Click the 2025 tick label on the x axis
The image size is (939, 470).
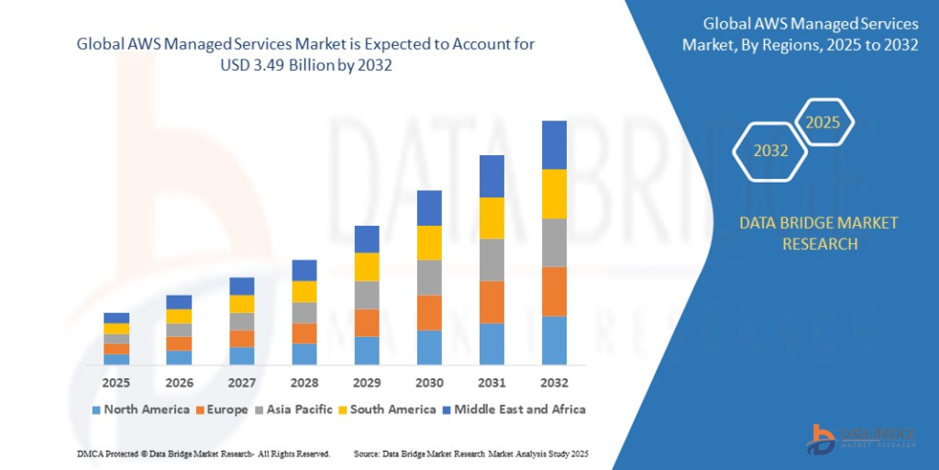pyautogui.click(x=116, y=382)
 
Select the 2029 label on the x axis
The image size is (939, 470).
pyautogui.click(x=367, y=382)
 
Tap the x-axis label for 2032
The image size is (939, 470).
pyautogui.click(x=554, y=382)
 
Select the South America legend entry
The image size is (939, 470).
pyautogui.click(x=384, y=409)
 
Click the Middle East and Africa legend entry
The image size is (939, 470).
pyautogui.click(x=513, y=409)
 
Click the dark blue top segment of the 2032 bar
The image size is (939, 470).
pyautogui.click(x=554, y=145)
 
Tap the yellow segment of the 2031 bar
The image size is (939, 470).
pyautogui.click(x=492, y=218)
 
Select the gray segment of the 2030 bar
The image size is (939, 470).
pyautogui.click(x=429, y=277)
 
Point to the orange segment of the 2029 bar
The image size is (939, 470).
pyautogui.click(x=367, y=322)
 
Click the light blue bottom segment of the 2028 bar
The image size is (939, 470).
pyautogui.click(x=304, y=354)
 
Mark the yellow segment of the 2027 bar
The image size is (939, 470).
pyautogui.click(x=242, y=304)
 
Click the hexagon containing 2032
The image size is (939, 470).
pyautogui.click(x=770, y=151)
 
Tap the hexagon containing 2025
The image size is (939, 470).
pyautogui.click(x=823, y=122)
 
